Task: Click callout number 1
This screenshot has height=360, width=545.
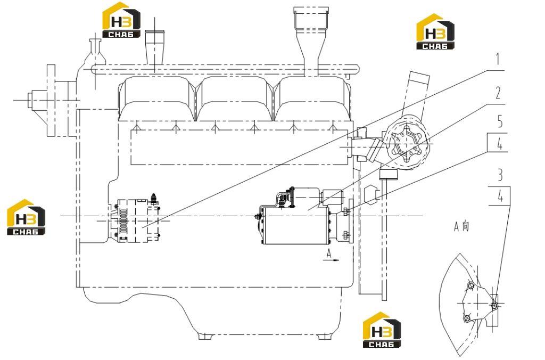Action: tap(498, 59)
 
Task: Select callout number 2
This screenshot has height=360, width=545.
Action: tap(498, 93)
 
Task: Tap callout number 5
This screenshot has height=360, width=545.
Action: tap(500, 121)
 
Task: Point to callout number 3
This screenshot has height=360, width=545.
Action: tap(500, 175)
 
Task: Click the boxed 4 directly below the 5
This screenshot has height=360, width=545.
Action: tap(499, 143)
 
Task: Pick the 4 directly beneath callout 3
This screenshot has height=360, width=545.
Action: tap(500, 197)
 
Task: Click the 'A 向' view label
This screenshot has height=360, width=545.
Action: tap(461, 226)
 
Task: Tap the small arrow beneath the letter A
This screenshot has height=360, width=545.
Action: tap(331, 259)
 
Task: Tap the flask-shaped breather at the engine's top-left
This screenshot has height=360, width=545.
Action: tap(95, 54)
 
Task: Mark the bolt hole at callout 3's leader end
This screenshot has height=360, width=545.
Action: tap(494, 305)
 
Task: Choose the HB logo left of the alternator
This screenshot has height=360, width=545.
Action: tap(26, 217)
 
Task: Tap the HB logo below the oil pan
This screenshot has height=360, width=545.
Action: tap(382, 330)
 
